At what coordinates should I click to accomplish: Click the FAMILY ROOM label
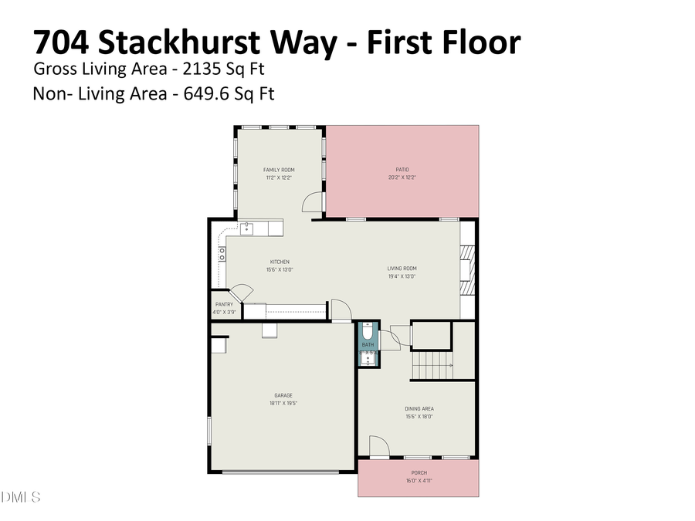point(279,170)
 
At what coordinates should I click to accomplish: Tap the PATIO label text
point(402,170)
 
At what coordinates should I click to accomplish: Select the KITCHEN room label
point(279,262)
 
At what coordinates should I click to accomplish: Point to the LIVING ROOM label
point(402,269)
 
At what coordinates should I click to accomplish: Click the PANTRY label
point(224,305)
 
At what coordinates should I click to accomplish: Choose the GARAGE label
point(283,396)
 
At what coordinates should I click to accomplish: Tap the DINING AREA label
point(419,409)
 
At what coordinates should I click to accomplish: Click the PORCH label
point(419,472)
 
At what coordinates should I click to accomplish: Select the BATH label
point(368,344)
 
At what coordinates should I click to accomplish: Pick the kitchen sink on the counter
point(246,228)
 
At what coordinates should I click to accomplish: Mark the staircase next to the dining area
point(431,366)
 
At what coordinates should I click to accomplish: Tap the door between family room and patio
point(311,201)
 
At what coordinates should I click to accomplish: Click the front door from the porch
point(378,447)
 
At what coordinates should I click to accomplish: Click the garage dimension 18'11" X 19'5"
point(283,404)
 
